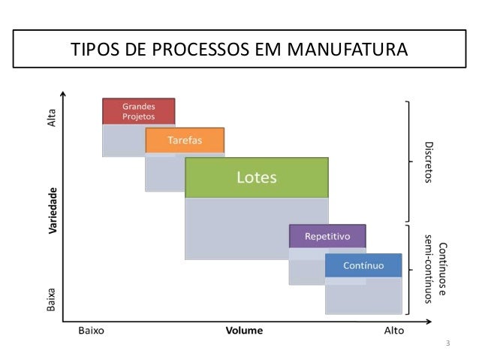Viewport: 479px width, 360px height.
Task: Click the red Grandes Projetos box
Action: tap(139, 111)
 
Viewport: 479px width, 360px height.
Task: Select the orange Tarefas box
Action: tap(184, 141)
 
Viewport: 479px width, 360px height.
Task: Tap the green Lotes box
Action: tap(257, 178)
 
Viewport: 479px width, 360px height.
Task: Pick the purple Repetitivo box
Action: tap(327, 236)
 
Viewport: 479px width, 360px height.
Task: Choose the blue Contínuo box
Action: tap(363, 265)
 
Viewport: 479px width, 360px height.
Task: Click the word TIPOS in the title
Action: tap(93, 50)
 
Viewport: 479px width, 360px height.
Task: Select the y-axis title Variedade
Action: tap(53, 211)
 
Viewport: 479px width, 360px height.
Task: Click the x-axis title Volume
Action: tap(245, 330)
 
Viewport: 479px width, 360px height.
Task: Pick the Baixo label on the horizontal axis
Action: tap(91, 330)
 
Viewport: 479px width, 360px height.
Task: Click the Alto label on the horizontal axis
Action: tap(393, 330)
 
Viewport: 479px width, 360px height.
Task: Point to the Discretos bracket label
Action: tap(429, 161)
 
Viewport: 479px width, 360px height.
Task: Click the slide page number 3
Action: tap(447, 344)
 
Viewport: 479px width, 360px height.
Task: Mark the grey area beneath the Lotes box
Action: tap(257, 228)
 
